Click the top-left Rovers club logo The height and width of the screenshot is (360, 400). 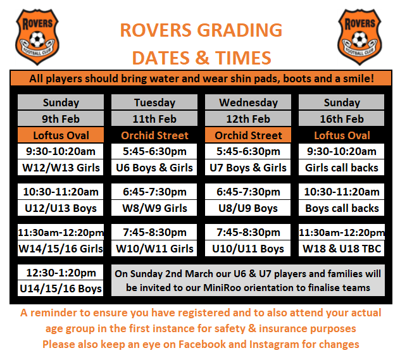point(37,37)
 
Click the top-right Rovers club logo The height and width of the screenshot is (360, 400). point(359,37)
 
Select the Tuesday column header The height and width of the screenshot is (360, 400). point(154,102)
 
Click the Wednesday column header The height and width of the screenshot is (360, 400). point(248,102)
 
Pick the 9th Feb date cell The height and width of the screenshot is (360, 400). point(61,118)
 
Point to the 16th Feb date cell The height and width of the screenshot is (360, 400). point(342,118)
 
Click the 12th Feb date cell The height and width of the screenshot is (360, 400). point(248,118)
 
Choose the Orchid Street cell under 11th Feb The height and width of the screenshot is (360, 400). point(154,135)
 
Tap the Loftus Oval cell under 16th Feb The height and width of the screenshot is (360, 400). point(342,135)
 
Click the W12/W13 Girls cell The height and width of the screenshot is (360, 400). point(61,168)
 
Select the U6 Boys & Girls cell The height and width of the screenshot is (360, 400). point(154,168)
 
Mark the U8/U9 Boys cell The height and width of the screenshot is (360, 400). point(247,208)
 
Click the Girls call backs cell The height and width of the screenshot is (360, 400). point(341,168)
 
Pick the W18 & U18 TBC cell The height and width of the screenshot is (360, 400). point(341,248)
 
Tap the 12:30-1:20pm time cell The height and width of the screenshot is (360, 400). point(61,272)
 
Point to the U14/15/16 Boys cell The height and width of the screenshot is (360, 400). point(61,289)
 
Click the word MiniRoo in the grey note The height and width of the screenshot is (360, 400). point(222,288)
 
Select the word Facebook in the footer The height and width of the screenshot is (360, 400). point(202,344)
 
